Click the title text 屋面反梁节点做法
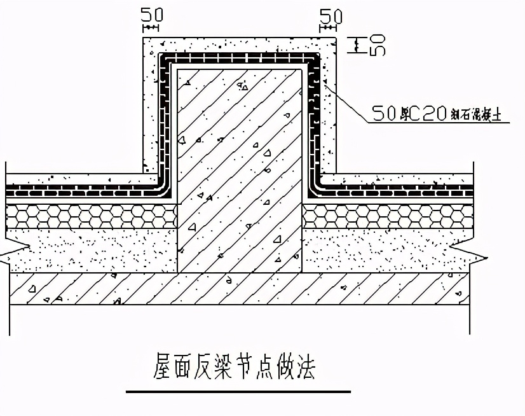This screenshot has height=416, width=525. [235, 367]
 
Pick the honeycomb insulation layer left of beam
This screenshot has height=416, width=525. [89, 216]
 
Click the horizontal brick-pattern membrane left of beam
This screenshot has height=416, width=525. [83, 190]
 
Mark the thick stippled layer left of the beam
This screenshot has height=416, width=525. [89, 250]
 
